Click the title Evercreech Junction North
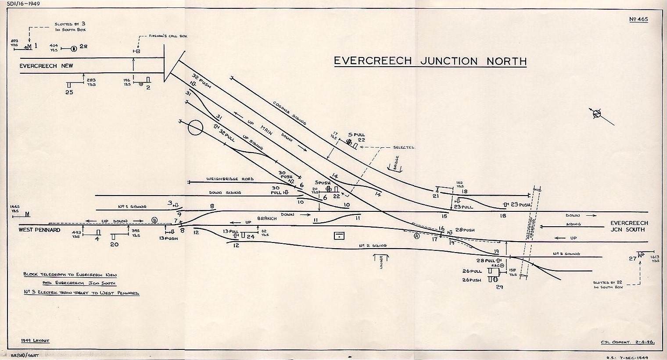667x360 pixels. tap(430, 61)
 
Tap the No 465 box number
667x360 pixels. tap(638, 19)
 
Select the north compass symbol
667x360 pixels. tap(596, 114)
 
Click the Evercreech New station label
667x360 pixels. tap(46, 66)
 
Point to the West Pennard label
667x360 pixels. tap(39, 230)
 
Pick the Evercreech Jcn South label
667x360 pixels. tap(629, 226)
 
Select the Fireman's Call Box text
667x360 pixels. tap(169, 36)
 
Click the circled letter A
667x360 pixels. tap(416, 236)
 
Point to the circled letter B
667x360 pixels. tap(154, 220)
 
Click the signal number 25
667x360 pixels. tap(69, 93)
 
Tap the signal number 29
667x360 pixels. tap(499, 287)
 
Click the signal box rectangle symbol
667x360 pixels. tap(339, 236)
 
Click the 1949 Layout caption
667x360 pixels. tap(35, 341)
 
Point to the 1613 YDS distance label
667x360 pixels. tap(655, 259)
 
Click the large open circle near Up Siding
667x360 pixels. tap(195, 128)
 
